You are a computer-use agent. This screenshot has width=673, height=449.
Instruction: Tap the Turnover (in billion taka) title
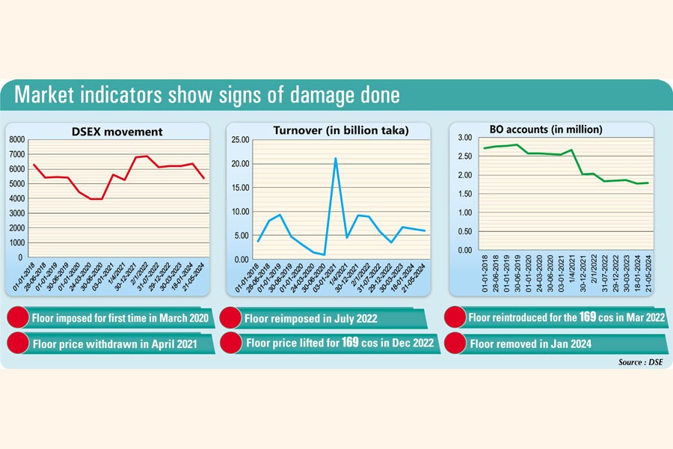click(341, 130)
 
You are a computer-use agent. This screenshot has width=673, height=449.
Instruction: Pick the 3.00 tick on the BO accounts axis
click(464, 138)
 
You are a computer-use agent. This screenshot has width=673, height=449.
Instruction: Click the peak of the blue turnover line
click(336, 159)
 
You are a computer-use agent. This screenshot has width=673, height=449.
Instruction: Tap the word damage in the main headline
click(307, 96)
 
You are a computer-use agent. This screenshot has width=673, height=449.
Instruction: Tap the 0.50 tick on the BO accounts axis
click(464, 231)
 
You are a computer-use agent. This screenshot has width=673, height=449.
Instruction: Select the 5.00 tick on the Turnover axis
click(241, 236)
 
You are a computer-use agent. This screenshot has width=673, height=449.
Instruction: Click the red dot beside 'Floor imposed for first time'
click(18, 318)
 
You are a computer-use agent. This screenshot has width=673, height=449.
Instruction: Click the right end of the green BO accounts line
click(648, 183)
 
